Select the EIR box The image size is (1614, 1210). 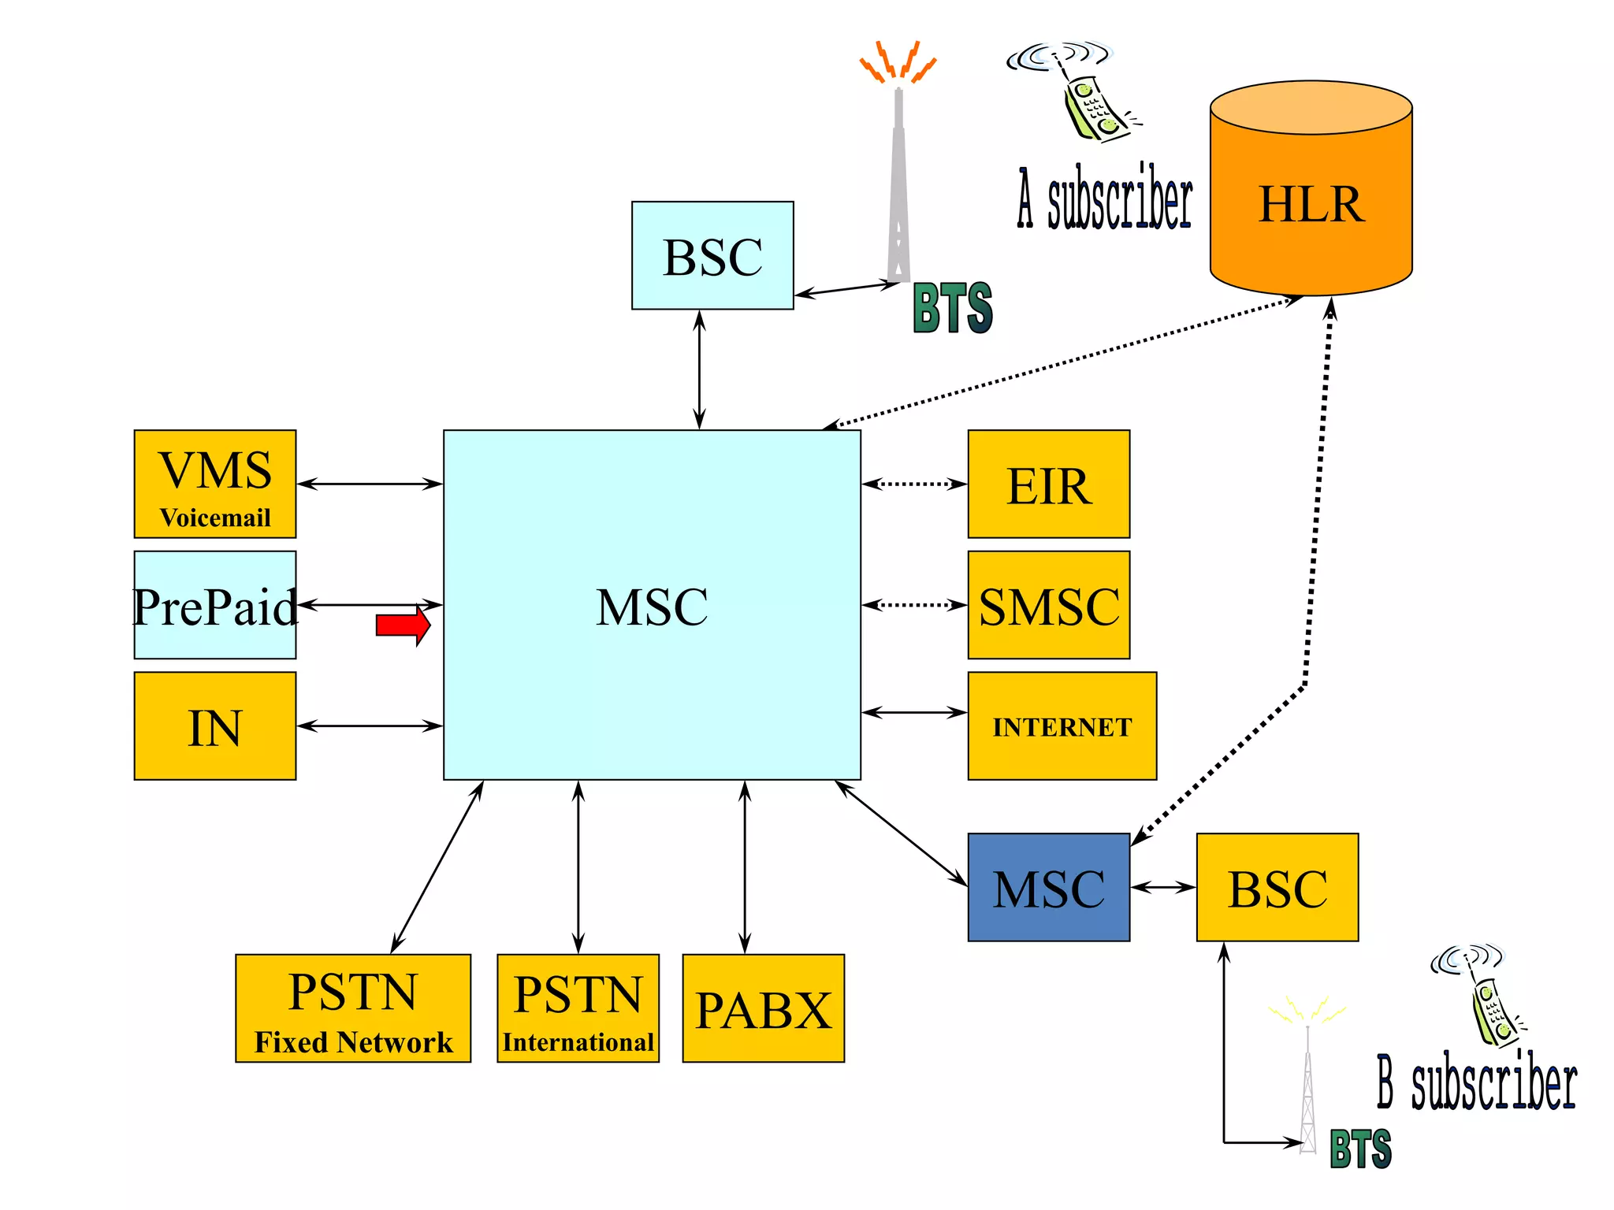1048,484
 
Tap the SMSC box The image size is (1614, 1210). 1048,605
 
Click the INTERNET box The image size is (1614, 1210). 1062,726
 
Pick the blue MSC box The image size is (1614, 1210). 1048,888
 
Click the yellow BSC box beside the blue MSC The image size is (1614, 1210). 1277,888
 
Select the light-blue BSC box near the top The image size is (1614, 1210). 712,255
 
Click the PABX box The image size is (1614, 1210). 763,1009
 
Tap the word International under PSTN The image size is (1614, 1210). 578,1042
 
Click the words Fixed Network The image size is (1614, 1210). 353,1042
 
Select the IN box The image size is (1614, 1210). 214,726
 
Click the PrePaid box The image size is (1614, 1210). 214,605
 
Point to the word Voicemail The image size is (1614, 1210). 214,518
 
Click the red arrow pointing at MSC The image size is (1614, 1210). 403,625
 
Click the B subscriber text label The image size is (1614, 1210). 1477,1082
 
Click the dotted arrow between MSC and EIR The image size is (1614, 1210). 914,484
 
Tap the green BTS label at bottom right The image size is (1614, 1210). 1360,1149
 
